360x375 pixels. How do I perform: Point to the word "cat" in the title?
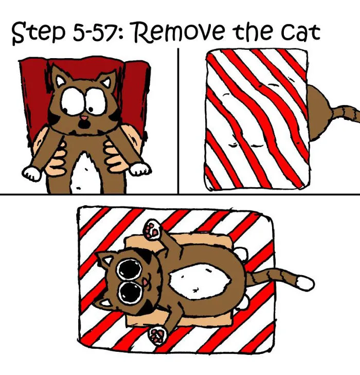coord(300,32)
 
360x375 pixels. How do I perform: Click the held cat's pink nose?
coord(83,118)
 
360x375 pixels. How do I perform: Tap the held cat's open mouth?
coord(83,124)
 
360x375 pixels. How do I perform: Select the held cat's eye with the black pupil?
coord(95,103)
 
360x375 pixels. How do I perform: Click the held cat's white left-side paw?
coord(31,173)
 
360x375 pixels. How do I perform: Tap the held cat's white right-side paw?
coord(140,169)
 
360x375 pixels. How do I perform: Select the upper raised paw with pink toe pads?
coord(153,229)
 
